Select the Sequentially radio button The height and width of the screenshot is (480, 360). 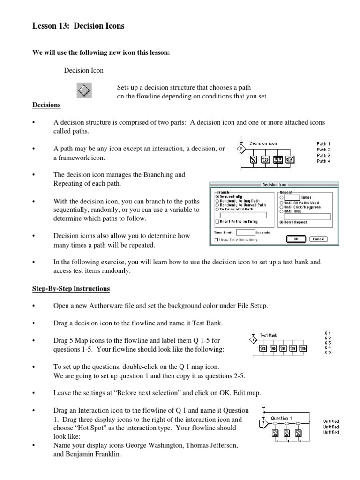coord(217,197)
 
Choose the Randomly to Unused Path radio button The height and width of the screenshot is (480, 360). coord(217,205)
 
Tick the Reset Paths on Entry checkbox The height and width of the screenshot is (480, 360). coord(217,222)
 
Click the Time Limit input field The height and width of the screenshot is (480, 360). coord(245,232)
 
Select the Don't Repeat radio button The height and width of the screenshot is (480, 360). coord(281,222)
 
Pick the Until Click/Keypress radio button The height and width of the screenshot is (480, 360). coord(281,207)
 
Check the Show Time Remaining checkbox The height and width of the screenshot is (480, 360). coord(216,239)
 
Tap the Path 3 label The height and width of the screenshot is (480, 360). coord(323,156)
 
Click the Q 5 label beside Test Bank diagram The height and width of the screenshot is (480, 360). coord(328,352)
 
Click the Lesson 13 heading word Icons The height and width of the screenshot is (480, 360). coord(114,26)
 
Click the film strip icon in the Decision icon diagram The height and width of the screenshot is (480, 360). coord(278,159)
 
